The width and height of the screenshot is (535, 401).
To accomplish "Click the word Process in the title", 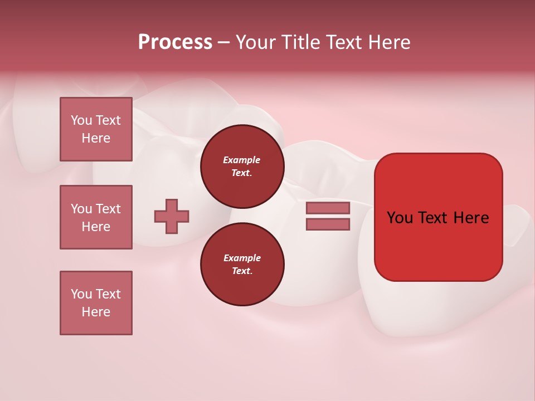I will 175,42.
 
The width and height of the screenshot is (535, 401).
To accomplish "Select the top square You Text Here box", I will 96,129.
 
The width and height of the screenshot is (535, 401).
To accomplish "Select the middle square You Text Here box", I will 96,217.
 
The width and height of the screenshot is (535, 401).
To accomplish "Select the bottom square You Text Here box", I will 96,303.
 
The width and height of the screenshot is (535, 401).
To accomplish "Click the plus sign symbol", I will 172,216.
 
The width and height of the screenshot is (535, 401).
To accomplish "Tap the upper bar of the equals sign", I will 328,208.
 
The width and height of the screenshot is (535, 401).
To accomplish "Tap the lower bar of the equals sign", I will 328,224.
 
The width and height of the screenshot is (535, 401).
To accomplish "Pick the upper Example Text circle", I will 242,166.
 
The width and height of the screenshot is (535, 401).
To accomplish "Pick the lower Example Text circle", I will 242,264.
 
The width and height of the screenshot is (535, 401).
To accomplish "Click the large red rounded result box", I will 438,245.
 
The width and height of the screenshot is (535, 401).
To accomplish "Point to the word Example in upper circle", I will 242,160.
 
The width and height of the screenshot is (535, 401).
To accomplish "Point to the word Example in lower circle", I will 242,258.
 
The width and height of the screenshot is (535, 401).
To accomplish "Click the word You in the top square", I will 81,120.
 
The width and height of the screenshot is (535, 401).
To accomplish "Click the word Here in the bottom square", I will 96,312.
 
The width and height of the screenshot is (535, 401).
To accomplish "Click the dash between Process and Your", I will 223,42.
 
